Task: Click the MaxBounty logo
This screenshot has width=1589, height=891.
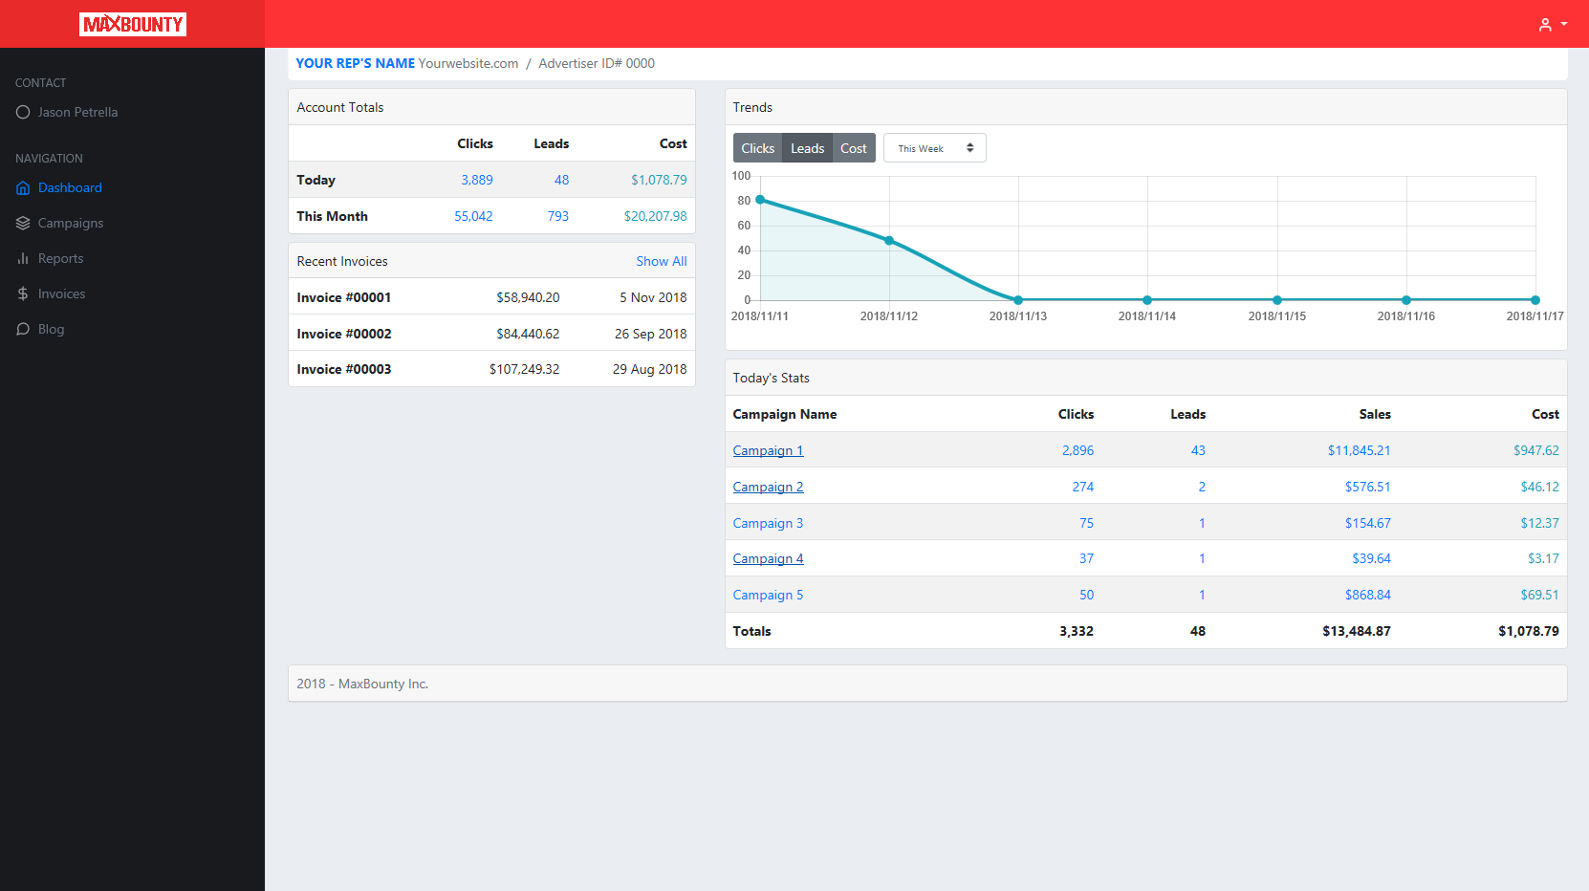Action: [x=133, y=24]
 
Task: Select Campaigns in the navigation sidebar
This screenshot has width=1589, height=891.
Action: [x=70, y=224]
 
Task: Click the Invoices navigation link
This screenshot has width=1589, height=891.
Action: [x=61, y=294]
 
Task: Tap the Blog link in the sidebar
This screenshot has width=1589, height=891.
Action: [x=51, y=330]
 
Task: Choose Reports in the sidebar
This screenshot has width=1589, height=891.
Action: [x=60, y=259]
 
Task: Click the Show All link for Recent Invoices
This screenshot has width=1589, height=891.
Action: [x=661, y=261]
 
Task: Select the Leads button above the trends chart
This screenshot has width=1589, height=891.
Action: [x=807, y=148]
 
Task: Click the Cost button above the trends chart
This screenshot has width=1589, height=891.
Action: [x=853, y=148]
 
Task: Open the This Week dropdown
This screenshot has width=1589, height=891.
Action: [x=934, y=148]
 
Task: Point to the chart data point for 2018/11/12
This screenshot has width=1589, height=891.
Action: [x=889, y=241]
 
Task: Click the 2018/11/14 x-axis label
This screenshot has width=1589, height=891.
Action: [x=1146, y=316]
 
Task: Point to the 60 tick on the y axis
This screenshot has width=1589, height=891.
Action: [x=744, y=226]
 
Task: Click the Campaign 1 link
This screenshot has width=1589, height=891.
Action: [x=768, y=450]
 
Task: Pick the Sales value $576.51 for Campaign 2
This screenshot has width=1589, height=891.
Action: [x=1367, y=487]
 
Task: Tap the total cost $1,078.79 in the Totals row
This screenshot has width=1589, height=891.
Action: [x=1528, y=631]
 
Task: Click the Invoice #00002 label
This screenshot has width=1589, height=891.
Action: [x=344, y=334]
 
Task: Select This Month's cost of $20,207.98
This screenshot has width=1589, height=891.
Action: [x=655, y=216]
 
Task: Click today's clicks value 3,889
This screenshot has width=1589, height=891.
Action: [x=477, y=180]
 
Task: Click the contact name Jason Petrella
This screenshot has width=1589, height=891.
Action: [x=77, y=113]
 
